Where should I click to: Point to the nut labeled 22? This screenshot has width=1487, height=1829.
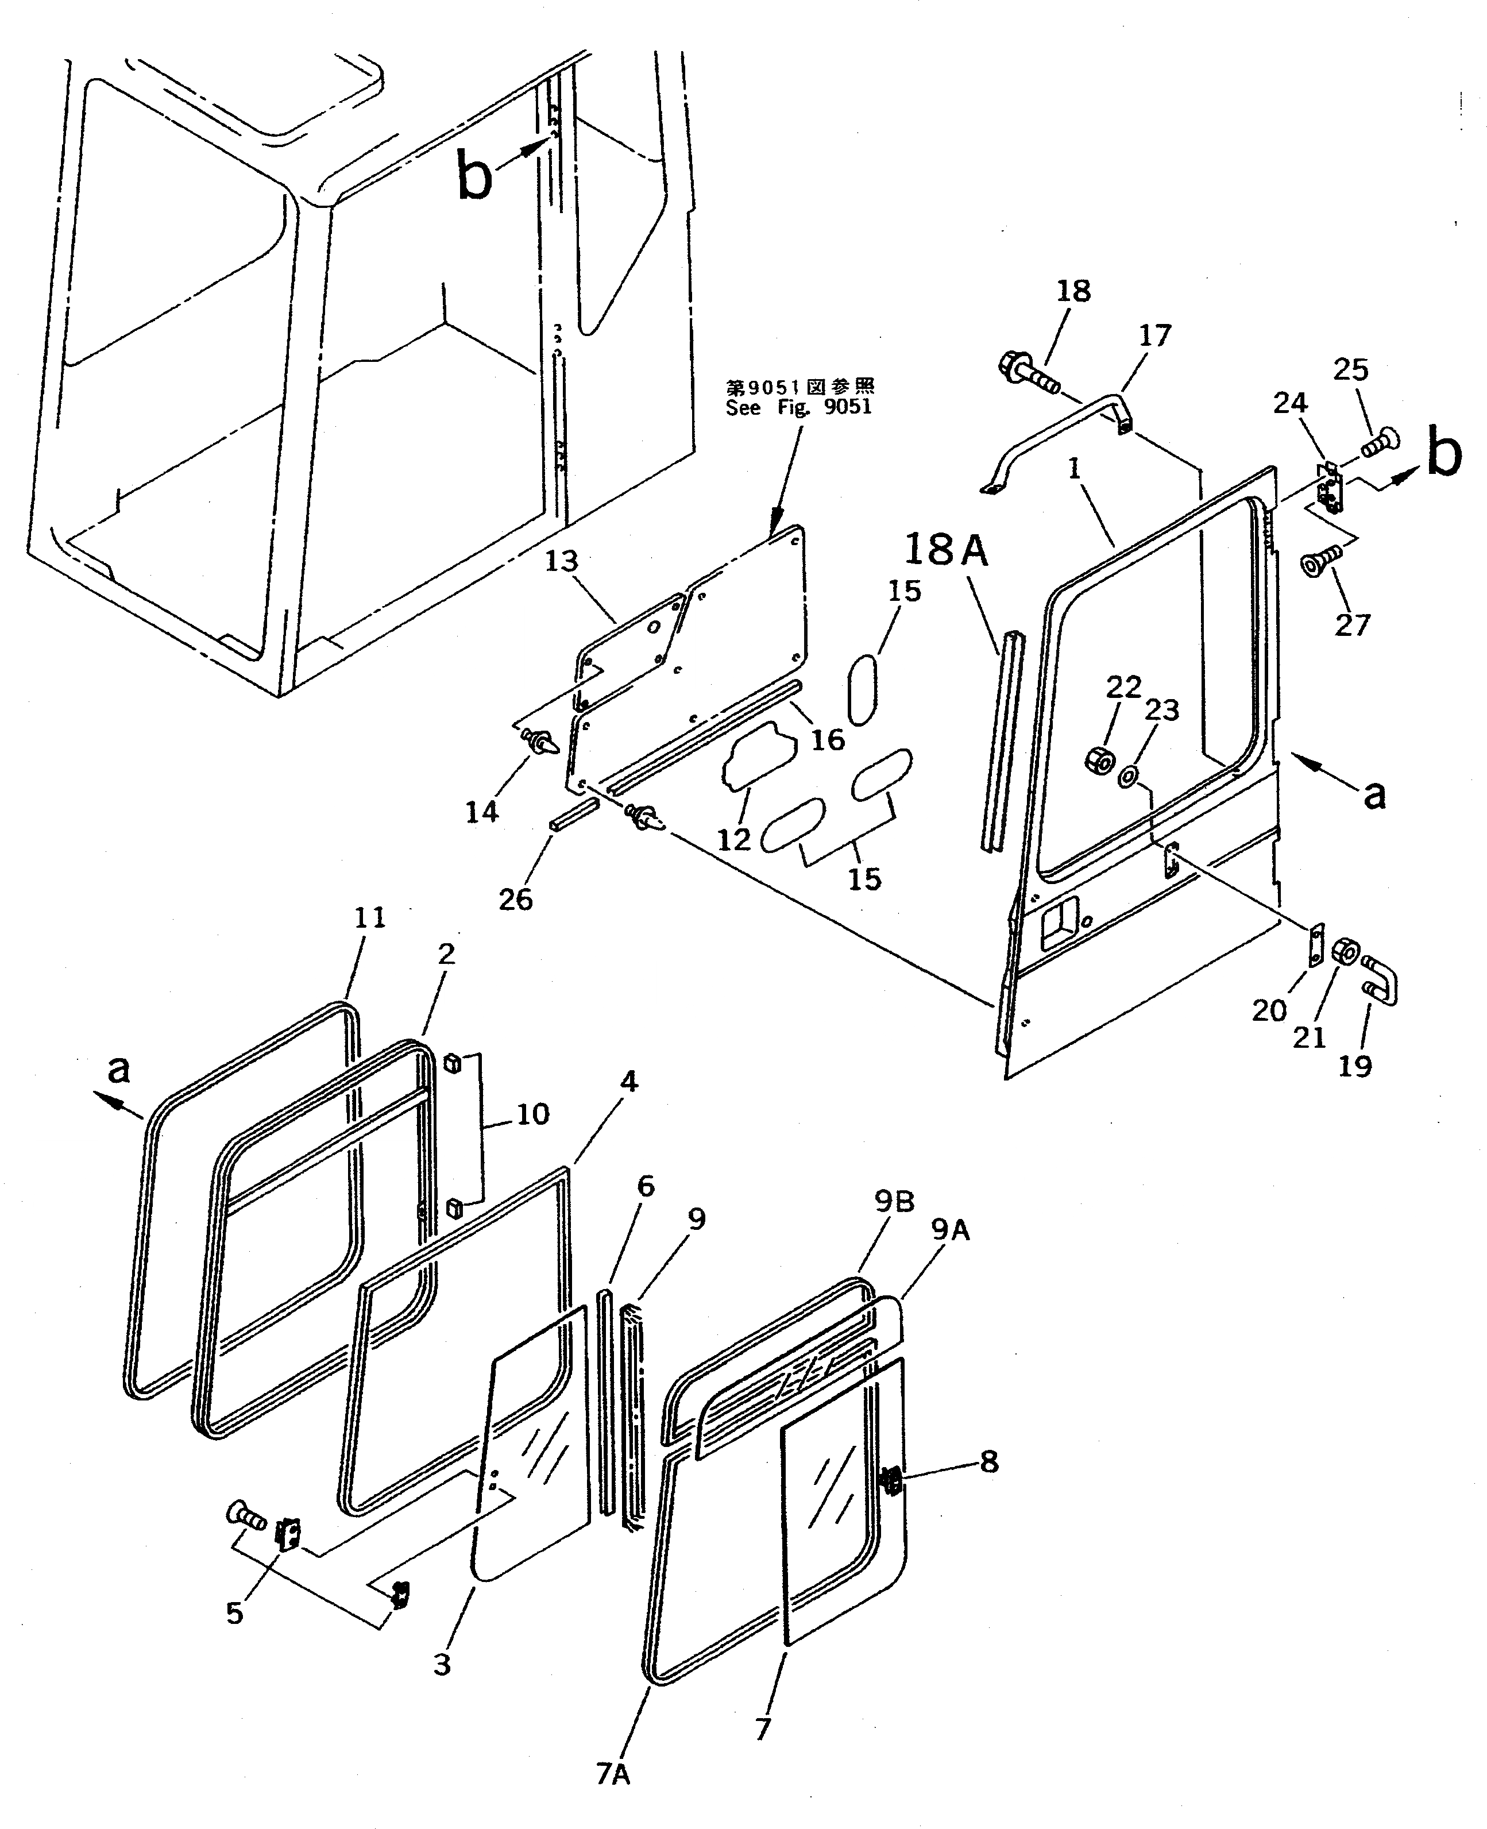[x=1098, y=759]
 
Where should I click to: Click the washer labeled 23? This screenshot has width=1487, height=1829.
[x=1128, y=776]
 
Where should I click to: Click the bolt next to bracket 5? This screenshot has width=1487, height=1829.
[x=245, y=1517]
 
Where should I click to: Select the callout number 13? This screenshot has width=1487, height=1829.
[x=562, y=561]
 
